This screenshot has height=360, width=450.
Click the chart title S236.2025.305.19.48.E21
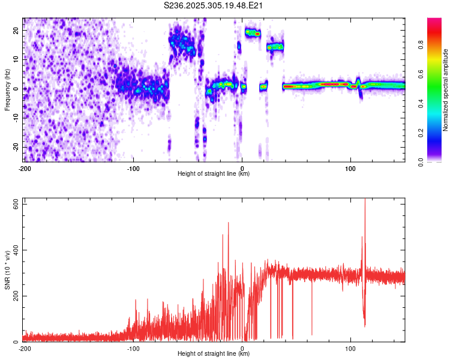click(x=214, y=6)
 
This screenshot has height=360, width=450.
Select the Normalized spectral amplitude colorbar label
click(x=446, y=90)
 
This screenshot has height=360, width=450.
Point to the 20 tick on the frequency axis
click(x=16, y=29)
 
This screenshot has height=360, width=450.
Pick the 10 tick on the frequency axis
click(x=16, y=59)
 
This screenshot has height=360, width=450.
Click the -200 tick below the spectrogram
click(x=24, y=168)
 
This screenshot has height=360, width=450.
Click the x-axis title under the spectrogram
click(x=214, y=174)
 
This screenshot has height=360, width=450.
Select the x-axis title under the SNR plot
click(x=214, y=354)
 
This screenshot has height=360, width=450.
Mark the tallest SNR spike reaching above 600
click(x=365, y=201)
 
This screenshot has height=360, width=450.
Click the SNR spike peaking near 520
click(x=228, y=223)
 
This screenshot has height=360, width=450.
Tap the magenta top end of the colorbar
click(x=435, y=21)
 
